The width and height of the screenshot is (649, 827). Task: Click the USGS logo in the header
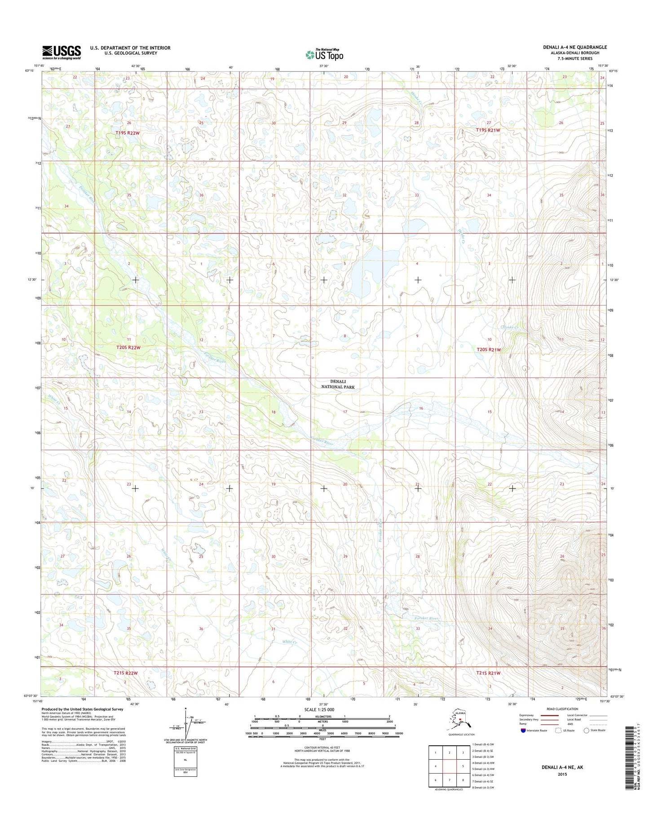[62, 52]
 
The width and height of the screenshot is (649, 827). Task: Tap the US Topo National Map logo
[324, 54]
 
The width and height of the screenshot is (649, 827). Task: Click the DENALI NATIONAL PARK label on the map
[338, 384]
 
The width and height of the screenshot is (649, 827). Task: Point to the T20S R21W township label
[488, 349]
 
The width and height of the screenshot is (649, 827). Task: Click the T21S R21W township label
[488, 673]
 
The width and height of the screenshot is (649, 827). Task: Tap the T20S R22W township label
[128, 348]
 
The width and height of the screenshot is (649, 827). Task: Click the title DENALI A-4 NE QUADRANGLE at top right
[574, 47]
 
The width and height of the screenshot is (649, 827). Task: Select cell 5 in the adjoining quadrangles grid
[463, 766]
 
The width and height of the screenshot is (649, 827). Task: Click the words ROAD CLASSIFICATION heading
[562, 709]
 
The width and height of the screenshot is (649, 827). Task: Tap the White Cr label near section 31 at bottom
[290, 642]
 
